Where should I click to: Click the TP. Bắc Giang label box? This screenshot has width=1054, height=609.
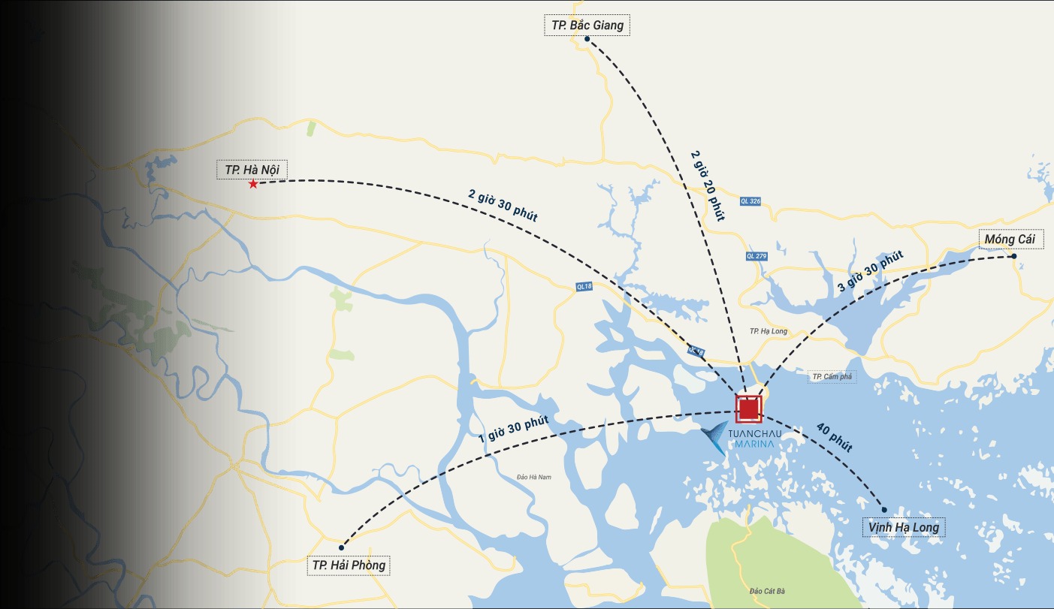[586, 25]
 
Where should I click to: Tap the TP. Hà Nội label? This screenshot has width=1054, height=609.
[252, 169]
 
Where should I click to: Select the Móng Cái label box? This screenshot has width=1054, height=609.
[1010, 239]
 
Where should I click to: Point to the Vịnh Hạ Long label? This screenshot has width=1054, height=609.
[903, 527]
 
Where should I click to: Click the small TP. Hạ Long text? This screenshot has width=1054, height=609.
[768, 331]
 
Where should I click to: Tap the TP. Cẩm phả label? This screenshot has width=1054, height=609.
[832, 376]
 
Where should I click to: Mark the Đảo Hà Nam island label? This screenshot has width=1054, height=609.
[533, 477]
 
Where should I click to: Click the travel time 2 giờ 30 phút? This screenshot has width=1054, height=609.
[503, 205]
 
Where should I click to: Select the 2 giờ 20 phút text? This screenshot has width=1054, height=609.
[707, 185]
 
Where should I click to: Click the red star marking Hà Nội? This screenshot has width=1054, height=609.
[253, 184]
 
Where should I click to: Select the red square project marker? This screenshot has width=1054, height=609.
[748, 409]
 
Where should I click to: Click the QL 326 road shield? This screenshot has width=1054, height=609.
[750, 201]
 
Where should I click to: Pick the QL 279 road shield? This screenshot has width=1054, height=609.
[757, 256]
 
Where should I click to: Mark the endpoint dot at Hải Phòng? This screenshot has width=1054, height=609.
[342, 547]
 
